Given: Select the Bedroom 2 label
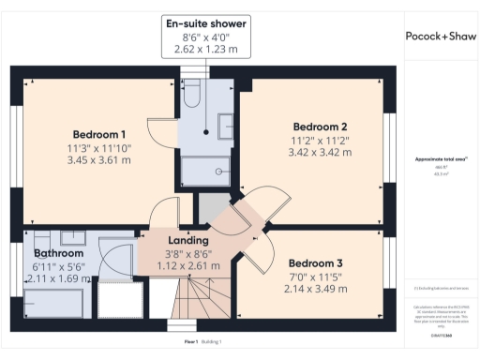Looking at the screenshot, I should point(321,127).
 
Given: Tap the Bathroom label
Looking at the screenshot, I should point(59,253).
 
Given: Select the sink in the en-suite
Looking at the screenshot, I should point(227,125).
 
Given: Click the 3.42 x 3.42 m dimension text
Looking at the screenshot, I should point(321,152).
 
